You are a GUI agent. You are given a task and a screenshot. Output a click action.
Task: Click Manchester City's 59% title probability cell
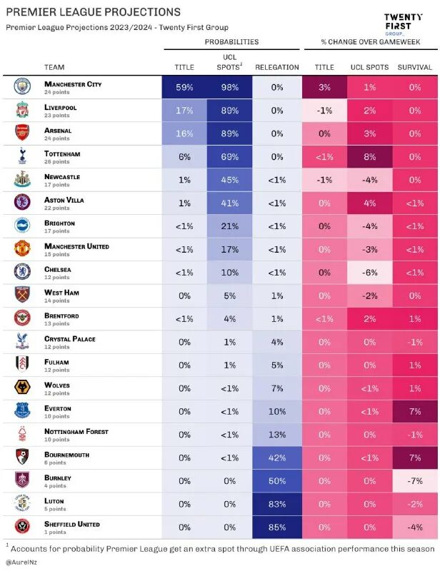point(184,87)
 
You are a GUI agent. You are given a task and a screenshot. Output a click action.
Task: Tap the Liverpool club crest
point(22,110)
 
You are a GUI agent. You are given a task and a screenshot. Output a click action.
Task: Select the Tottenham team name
point(64,153)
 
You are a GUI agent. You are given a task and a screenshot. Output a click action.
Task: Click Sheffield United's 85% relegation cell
point(276,527)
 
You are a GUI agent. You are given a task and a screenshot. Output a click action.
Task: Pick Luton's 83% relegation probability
point(276,504)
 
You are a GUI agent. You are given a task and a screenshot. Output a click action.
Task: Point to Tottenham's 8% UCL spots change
point(369,156)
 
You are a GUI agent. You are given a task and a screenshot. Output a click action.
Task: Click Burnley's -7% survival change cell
point(415,481)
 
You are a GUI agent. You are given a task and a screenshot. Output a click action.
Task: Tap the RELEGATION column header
point(276,67)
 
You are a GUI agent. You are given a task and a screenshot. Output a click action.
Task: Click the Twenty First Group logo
point(404,24)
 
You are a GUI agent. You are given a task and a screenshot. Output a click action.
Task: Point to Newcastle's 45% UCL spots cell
point(230,180)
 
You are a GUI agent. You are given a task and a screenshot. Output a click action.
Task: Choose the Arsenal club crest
point(22,133)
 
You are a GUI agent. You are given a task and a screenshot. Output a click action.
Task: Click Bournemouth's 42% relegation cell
point(276,458)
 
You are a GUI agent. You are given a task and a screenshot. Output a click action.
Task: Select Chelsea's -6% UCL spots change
point(369,273)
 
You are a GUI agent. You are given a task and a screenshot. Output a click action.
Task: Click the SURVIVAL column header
point(415,67)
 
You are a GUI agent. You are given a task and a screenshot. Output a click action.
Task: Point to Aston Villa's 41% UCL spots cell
point(230,203)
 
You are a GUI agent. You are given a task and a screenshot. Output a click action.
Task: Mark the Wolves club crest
point(22,388)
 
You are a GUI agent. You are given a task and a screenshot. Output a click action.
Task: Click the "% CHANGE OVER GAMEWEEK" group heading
point(369,42)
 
